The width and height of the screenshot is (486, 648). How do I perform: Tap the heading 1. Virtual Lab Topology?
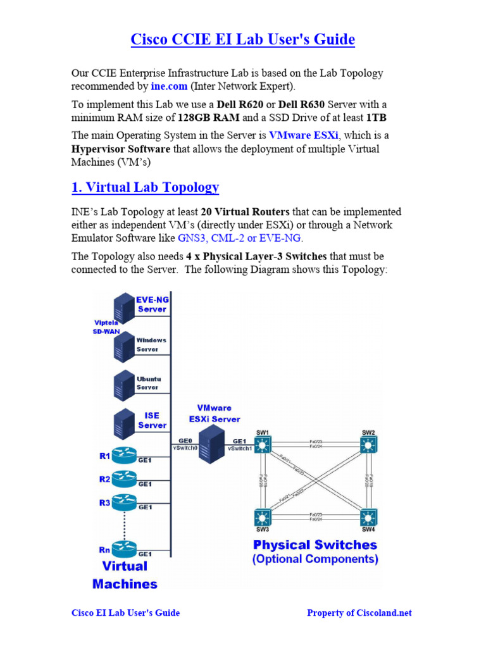(145, 187)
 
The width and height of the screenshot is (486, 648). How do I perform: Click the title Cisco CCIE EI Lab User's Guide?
(242, 40)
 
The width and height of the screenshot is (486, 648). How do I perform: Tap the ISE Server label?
(153, 420)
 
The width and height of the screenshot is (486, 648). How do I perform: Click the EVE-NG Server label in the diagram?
(152, 304)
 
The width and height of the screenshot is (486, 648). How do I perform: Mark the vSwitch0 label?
(185, 448)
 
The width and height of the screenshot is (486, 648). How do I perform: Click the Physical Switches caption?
(315, 545)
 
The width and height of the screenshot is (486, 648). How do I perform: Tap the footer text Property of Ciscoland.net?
(359, 613)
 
